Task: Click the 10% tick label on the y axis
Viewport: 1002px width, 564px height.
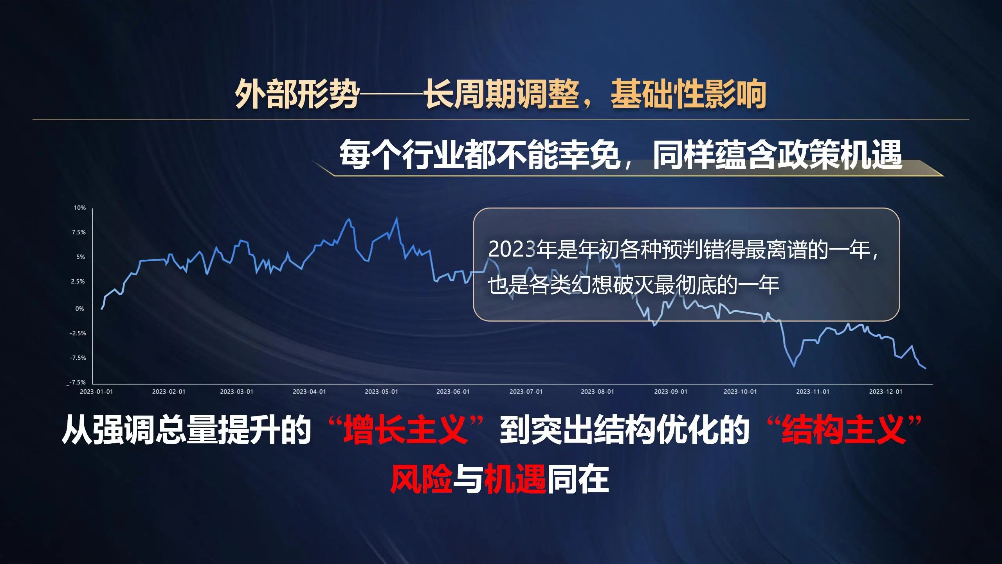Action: click(80, 208)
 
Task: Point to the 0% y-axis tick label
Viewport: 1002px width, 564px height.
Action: click(80, 309)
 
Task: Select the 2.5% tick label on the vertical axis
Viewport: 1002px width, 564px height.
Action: click(78, 281)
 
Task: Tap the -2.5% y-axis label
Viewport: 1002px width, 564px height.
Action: click(78, 333)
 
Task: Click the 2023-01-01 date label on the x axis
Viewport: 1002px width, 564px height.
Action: click(96, 392)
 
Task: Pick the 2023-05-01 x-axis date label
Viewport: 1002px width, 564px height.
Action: click(381, 392)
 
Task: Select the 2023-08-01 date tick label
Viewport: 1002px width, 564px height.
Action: click(597, 392)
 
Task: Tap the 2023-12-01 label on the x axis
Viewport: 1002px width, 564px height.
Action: click(886, 392)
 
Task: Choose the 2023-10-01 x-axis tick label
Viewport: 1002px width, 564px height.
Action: click(740, 392)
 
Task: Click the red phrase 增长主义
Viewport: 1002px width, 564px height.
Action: click(405, 430)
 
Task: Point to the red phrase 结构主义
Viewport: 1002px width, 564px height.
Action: click(843, 430)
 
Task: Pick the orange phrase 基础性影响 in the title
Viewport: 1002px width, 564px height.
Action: click(688, 94)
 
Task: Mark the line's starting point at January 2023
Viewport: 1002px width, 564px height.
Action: click(102, 309)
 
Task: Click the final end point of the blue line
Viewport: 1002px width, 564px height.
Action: click(926, 369)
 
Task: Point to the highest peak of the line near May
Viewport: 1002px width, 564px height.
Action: click(397, 218)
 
